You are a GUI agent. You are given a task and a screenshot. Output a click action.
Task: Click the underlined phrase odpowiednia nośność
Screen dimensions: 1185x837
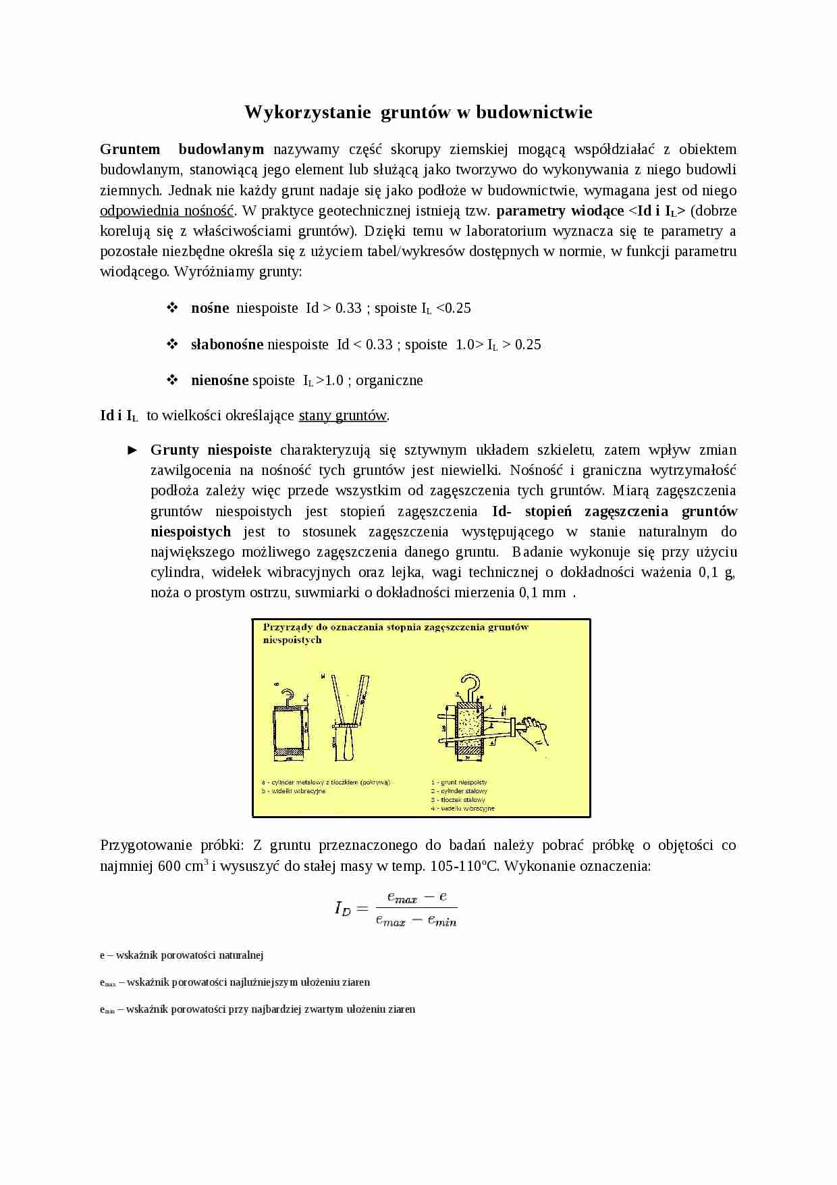point(167,211)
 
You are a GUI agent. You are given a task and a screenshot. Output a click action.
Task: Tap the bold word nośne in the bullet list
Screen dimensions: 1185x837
point(210,308)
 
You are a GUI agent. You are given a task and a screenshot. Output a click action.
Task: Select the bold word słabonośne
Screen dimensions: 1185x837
point(227,345)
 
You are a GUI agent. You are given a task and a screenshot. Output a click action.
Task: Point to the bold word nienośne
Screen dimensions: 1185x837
point(220,380)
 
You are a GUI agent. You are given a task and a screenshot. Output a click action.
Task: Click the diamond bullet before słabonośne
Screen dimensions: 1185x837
point(172,344)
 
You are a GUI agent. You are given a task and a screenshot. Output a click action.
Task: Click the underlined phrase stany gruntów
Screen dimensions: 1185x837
point(343,415)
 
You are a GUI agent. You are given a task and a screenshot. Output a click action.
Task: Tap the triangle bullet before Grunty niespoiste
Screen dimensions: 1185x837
point(133,450)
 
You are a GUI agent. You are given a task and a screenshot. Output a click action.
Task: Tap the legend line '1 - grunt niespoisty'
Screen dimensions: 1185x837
point(459,782)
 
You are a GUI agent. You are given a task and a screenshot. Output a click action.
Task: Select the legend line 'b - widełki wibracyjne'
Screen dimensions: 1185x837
point(294,791)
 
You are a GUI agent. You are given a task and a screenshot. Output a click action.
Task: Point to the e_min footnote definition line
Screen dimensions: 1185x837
point(257,1009)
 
